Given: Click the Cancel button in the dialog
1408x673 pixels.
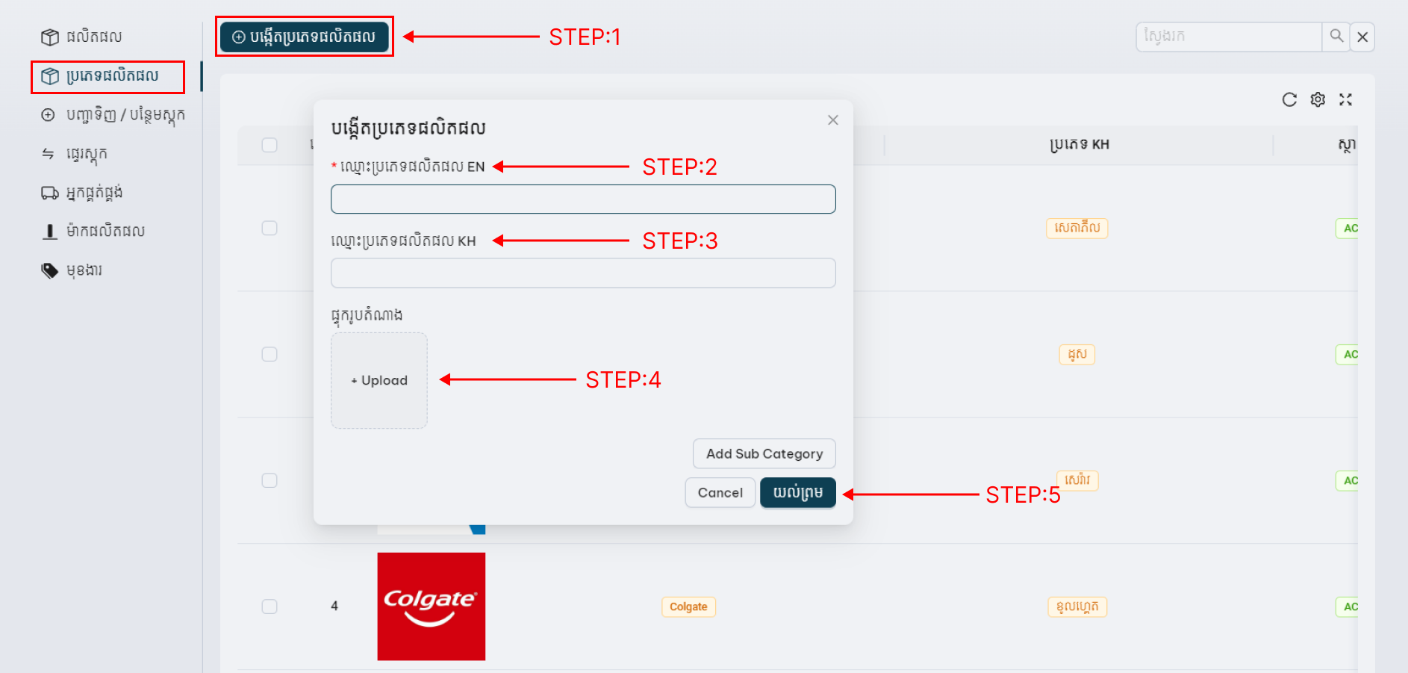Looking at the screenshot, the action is [x=720, y=492].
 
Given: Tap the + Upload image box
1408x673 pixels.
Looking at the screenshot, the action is [x=379, y=380].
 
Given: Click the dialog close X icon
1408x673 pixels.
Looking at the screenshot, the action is [x=833, y=120].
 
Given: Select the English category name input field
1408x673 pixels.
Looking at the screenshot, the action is [x=583, y=199].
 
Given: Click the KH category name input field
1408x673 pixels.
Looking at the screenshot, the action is [x=583, y=273].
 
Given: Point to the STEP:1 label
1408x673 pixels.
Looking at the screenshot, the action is [x=585, y=37].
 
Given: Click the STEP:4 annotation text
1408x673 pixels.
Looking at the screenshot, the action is [x=623, y=379].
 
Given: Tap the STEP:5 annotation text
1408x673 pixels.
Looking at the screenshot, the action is [x=1023, y=494].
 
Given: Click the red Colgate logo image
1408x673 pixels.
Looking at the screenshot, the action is [x=432, y=607].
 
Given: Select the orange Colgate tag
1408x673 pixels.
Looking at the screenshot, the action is [x=688, y=607].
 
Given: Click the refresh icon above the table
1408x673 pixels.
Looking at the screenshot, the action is [x=1289, y=100].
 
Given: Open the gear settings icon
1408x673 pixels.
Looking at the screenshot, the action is [x=1318, y=100].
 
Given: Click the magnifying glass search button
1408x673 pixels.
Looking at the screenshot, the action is [x=1336, y=36].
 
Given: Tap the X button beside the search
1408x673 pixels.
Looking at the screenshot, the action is [x=1362, y=37].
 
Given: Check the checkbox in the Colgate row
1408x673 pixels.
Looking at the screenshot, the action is [x=270, y=607].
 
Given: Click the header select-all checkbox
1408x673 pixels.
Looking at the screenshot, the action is [x=270, y=145].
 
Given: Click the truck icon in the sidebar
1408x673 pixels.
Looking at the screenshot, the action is [x=50, y=193].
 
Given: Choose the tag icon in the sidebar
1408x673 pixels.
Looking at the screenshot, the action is [x=50, y=270].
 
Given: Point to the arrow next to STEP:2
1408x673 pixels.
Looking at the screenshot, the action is [x=561, y=167].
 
